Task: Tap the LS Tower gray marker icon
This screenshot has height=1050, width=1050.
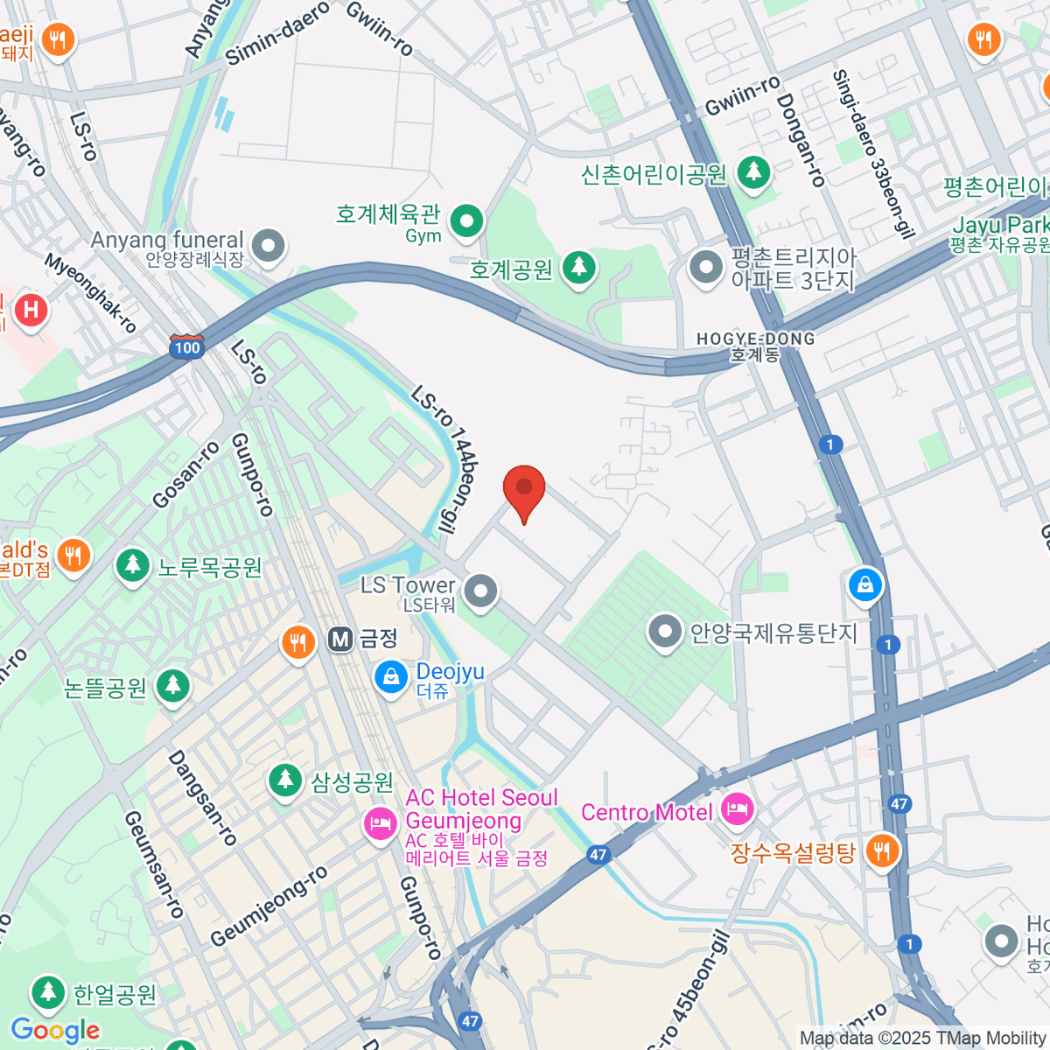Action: (480, 592)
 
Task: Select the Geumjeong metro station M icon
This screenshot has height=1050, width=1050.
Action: (340, 640)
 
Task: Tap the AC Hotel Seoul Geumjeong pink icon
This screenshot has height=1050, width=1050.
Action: (381, 822)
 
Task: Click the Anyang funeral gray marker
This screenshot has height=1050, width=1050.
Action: (268, 246)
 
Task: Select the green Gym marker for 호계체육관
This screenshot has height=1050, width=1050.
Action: (466, 220)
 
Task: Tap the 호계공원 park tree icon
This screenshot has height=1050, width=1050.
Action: (578, 267)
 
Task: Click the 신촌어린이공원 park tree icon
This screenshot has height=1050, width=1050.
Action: (752, 172)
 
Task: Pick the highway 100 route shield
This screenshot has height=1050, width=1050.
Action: (186, 346)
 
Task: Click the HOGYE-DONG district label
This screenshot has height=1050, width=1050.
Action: (755, 346)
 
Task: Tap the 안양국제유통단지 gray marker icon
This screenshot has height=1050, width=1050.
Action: (666, 631)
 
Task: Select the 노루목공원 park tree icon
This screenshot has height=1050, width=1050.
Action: (133, 565)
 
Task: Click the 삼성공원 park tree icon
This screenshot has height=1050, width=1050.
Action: (284, 780)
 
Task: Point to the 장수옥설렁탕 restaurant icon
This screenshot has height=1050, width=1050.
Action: (882, 850)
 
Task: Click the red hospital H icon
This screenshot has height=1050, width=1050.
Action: (31, 310)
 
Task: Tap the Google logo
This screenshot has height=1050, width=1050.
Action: (55, 1031)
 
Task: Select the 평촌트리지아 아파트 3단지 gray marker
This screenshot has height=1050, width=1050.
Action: (705, 269)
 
